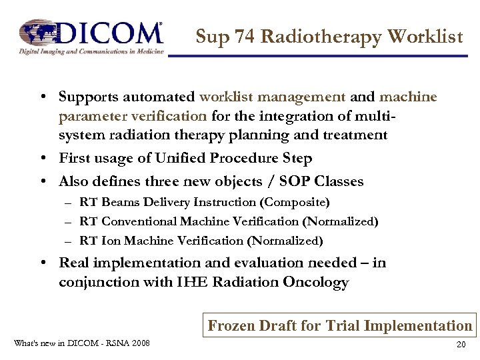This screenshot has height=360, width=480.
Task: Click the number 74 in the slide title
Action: (243, 37)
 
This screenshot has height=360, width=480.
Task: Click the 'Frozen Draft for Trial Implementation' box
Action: (340, 325)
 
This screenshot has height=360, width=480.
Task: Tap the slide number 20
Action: (461, 345)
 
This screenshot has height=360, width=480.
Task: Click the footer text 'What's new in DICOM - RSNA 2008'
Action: (81, 343)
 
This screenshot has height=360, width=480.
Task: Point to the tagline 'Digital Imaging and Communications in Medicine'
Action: (91, 51)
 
